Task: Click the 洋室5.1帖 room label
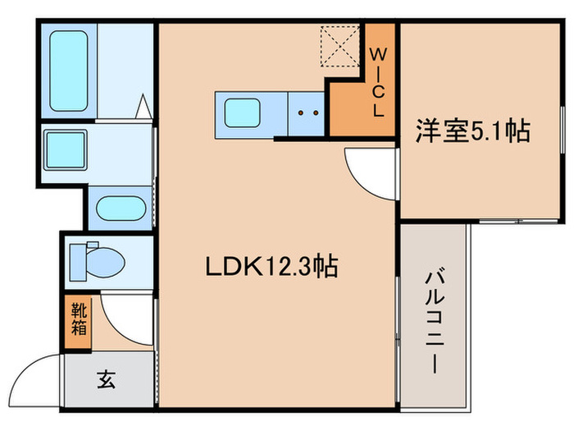click(x=471, y=131)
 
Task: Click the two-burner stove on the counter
click(x=307, y=112)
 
